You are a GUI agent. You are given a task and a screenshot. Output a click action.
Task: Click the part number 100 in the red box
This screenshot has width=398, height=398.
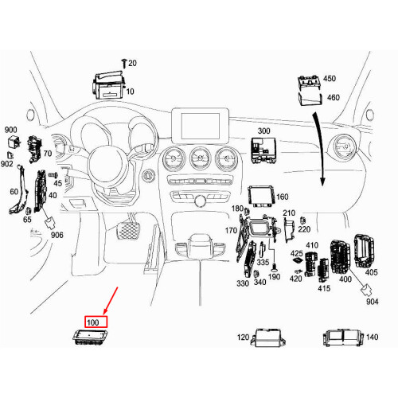point(92,322)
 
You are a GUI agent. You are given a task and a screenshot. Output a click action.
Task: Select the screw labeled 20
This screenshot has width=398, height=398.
point(123,61)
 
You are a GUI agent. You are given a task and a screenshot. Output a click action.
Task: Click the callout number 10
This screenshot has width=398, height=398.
point(130,92)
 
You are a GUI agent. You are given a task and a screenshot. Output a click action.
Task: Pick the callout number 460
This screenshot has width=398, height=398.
point(333,97)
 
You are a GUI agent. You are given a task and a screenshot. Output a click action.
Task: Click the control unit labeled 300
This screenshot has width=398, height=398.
point(261,146)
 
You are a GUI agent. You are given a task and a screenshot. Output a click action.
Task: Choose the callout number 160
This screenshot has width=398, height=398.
point(283,197)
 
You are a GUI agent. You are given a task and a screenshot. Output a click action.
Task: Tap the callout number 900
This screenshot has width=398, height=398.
point(11,130)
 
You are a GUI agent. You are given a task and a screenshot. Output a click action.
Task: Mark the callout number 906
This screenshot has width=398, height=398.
point(57,235)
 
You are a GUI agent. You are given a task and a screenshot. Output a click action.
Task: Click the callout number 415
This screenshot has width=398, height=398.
point(323,288)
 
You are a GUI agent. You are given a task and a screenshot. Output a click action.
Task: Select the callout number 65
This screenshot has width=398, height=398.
point(27,219)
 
